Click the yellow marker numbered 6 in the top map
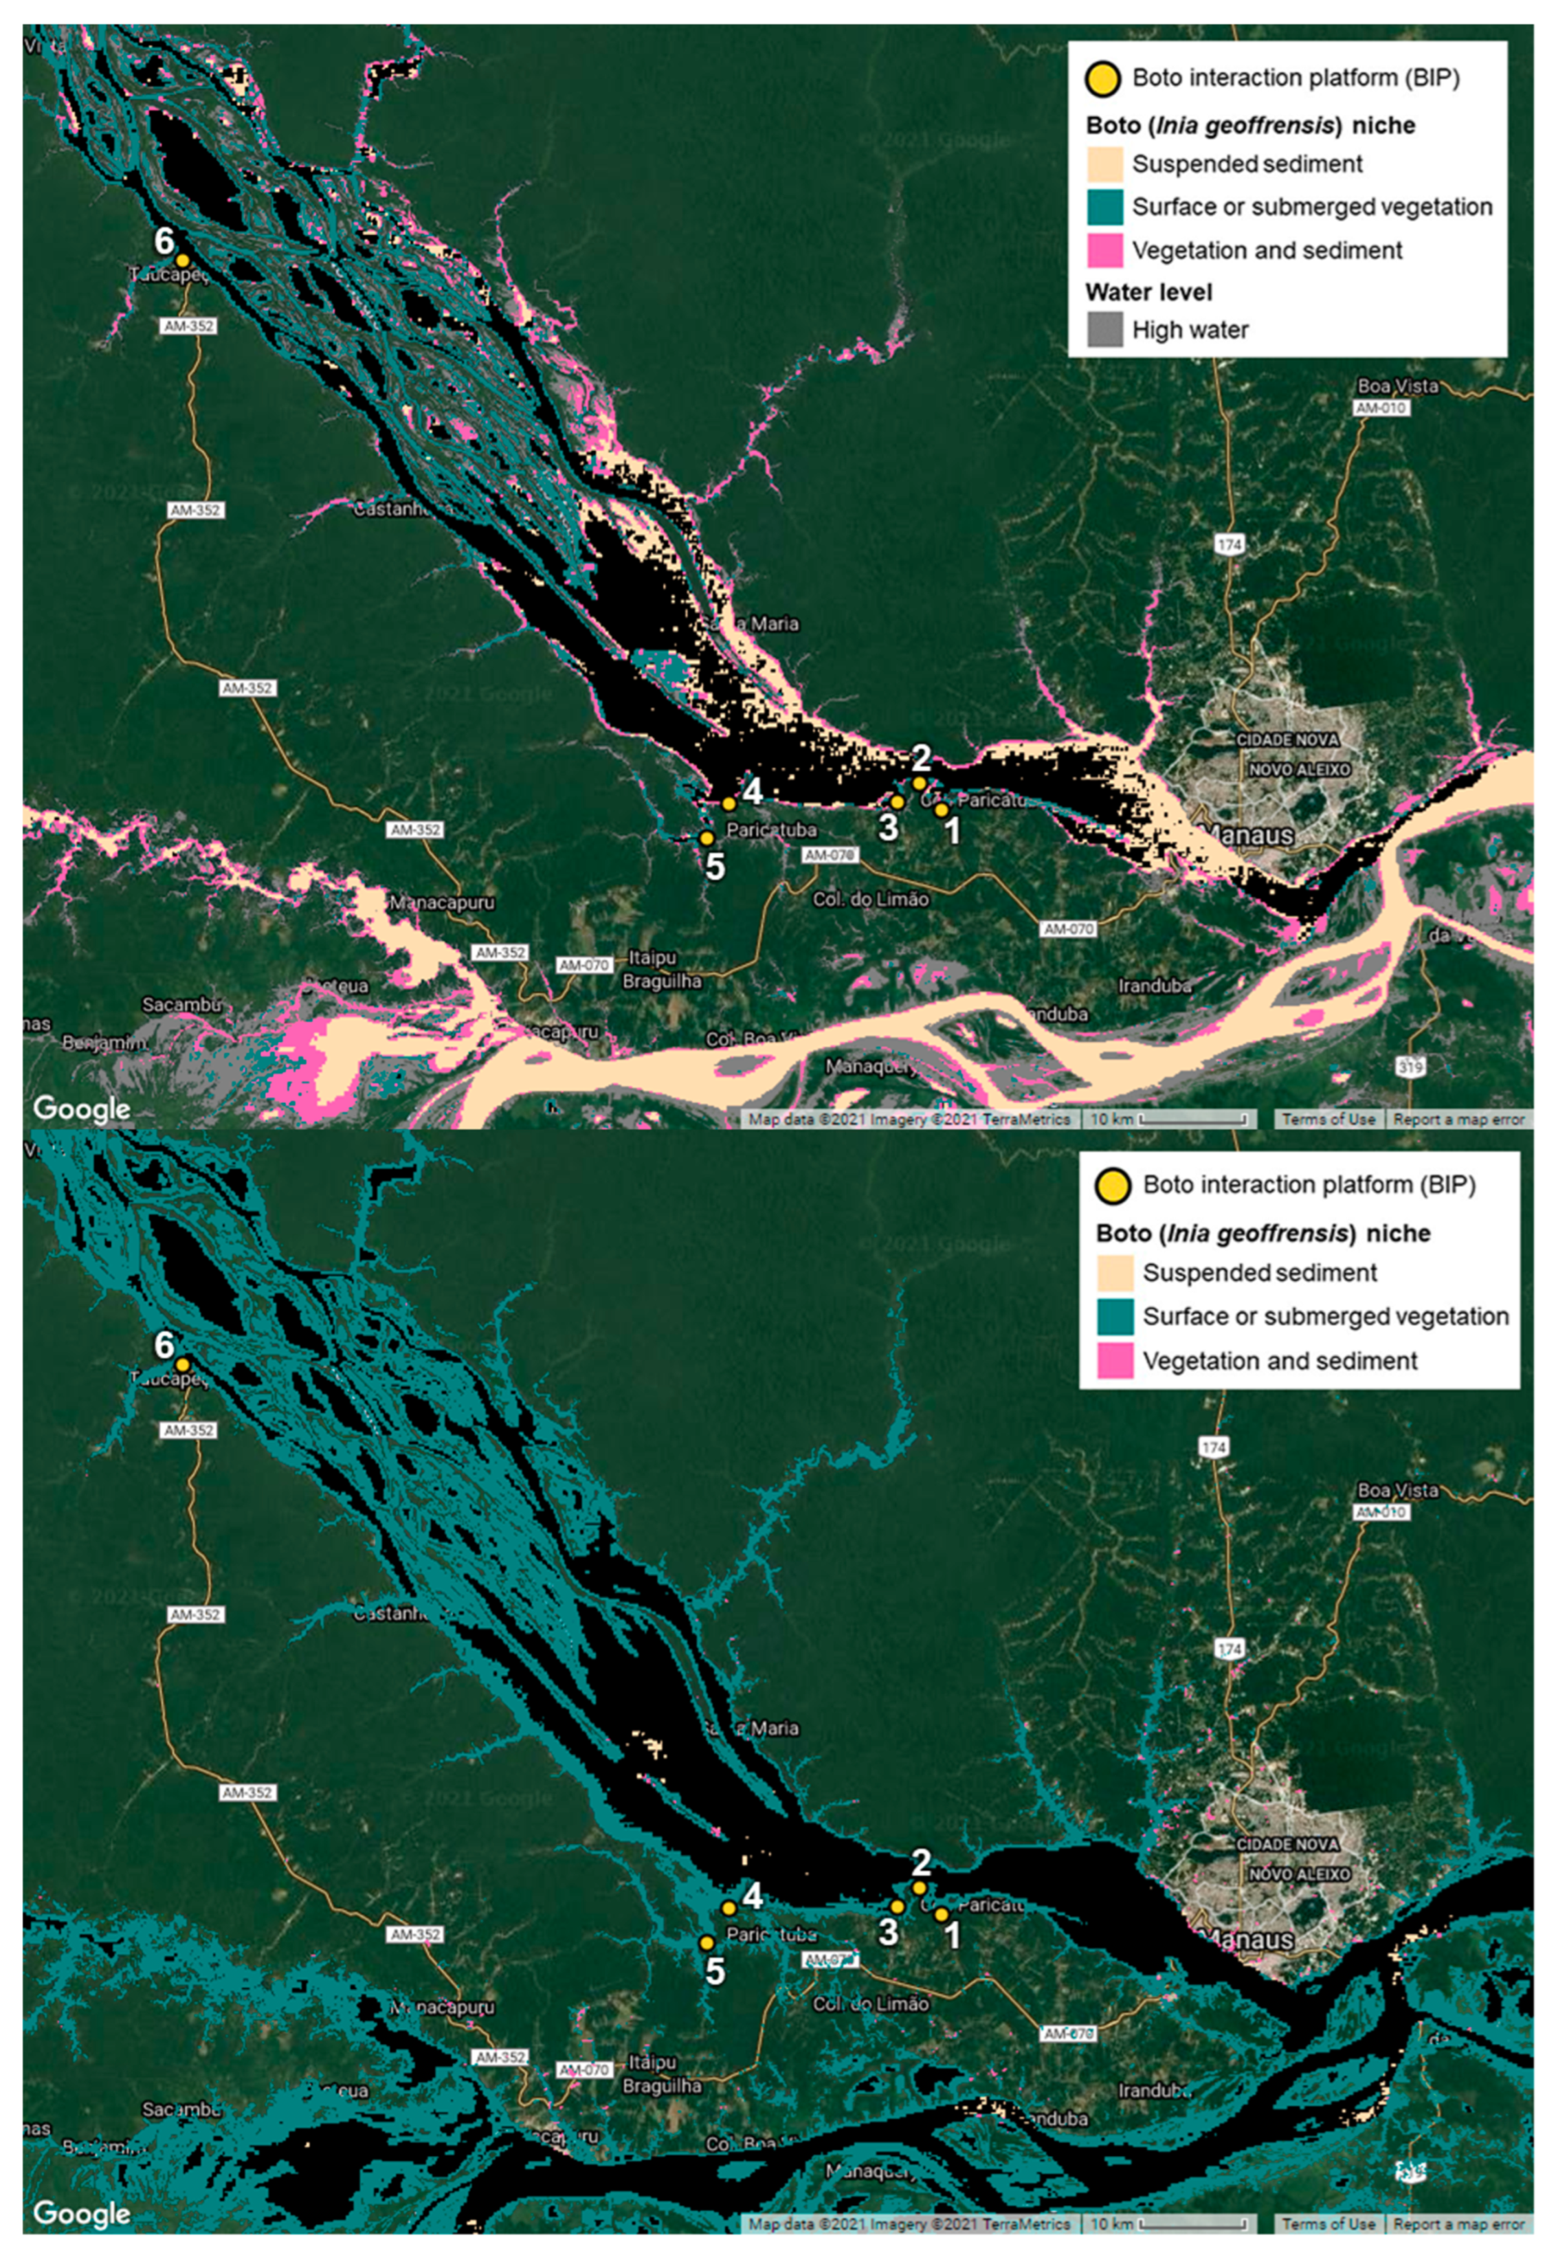pos(182,260)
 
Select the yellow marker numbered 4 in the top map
pos(729,803)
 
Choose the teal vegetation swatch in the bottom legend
pos(1114,1316)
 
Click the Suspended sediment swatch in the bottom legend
pos(1114,1272)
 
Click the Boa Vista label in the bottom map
pos(1397,1489)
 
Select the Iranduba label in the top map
pos(1155,986)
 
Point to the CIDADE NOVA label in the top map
pos(1287,740)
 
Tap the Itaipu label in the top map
pos(652,958)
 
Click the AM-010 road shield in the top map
pos(1381,408)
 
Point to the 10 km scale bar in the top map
pos(1169,1118)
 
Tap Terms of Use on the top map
pos(1328,1118)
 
